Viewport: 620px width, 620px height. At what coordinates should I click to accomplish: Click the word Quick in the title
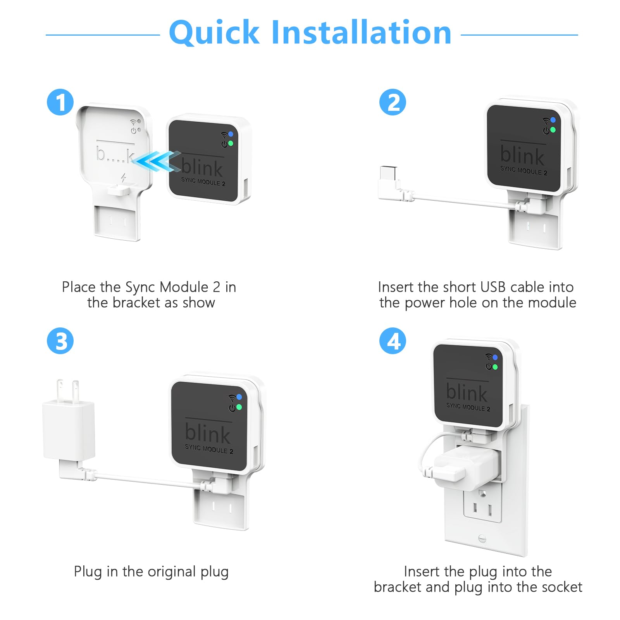pyautogui.click(x=214, y=33)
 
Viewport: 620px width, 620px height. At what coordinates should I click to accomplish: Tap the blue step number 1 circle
pyautogui.click(x=60, y=102)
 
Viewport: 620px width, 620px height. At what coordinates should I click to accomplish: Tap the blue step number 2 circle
pyautogui.click(x=393, y=102)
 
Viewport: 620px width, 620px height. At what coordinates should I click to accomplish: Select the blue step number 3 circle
pyautogui.click(x=60, y=341)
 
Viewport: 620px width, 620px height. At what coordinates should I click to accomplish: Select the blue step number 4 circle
pyautogui.click(x=393, y=341)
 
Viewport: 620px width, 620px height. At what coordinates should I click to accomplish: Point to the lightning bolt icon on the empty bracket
pyautogui.click(x=124, y=178)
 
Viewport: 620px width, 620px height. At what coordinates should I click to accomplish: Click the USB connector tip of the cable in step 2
pyautogui.click(x=388, y=173)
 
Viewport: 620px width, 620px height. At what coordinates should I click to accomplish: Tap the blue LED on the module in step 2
pyautogui.click(x=553, y=120)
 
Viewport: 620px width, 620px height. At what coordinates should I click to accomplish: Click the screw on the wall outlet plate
pyautogui.click(x=482, y=538)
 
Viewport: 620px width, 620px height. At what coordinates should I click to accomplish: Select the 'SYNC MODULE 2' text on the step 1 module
pyautogui.click(x=203, y=181)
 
